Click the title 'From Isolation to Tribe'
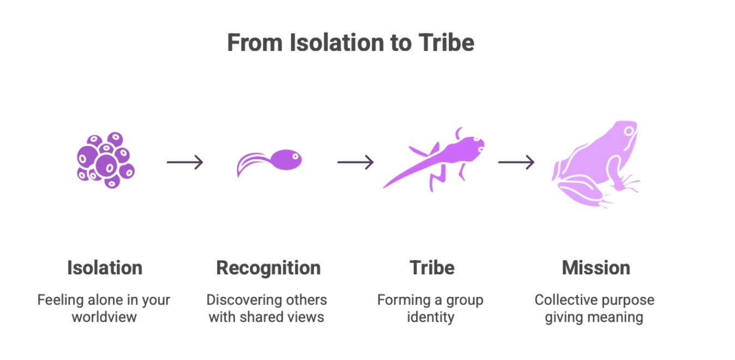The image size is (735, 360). [350, 43]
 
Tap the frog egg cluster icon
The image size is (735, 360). [105, 160]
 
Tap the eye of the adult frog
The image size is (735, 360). [630, 131]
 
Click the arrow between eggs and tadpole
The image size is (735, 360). [185, 162]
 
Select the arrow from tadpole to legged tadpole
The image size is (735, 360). [355, 162]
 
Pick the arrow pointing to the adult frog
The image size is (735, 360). [516, 162]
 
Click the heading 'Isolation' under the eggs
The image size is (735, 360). [105, 268]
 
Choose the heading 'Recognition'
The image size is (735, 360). [268, 268]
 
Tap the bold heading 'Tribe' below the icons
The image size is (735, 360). [432, 268]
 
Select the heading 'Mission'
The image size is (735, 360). [596, 268]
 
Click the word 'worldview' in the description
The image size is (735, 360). [104, 317]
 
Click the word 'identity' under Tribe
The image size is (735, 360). [430, 317]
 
